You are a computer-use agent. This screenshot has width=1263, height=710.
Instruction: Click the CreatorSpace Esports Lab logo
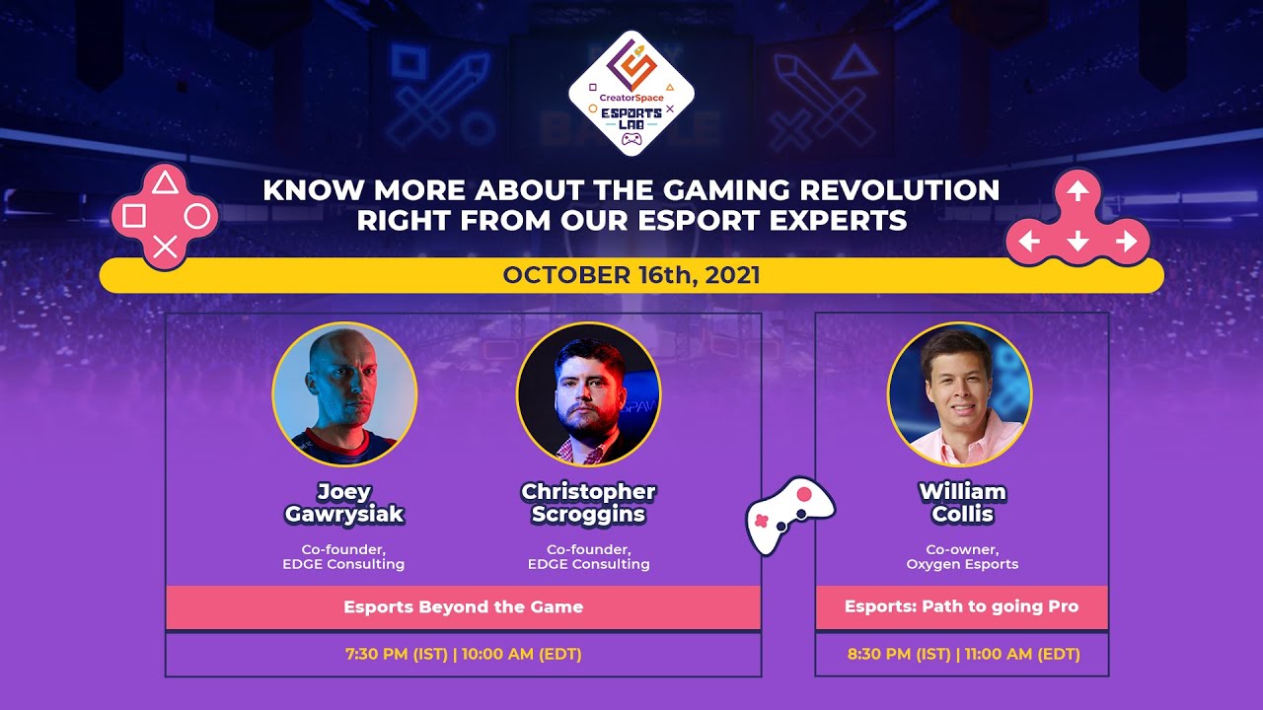click(x=631, y=95)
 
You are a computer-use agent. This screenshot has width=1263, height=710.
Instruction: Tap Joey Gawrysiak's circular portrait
click(x=344, y=394)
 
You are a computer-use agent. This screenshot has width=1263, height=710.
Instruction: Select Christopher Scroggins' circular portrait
click(x=588, y=394)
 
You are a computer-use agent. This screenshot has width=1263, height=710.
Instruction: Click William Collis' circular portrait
click(x=959, y=394)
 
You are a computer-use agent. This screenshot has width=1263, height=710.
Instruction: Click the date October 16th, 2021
click(x=631, y=275)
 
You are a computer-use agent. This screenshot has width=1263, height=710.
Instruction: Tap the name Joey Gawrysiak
click(x=344, y=503)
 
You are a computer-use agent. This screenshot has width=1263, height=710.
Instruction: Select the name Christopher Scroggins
click(x=588, y=503)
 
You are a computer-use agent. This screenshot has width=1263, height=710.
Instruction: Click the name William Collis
click(x=962, y=503)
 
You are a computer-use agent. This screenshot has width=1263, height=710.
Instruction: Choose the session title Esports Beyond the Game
click(x=463, y=607)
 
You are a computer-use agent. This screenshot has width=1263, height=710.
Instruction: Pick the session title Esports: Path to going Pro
click(x=962, y=607)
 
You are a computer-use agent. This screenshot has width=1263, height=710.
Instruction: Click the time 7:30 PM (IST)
click(x=395, y=654)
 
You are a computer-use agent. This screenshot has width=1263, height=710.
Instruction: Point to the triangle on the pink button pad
click(x=166, y=183)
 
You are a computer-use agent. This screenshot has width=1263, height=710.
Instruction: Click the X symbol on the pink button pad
click(x=166, y=248)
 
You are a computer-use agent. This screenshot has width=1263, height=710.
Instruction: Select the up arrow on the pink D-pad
click(x=1077, y=189)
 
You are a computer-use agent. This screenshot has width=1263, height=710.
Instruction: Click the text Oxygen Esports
click(x=962, y=565)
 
